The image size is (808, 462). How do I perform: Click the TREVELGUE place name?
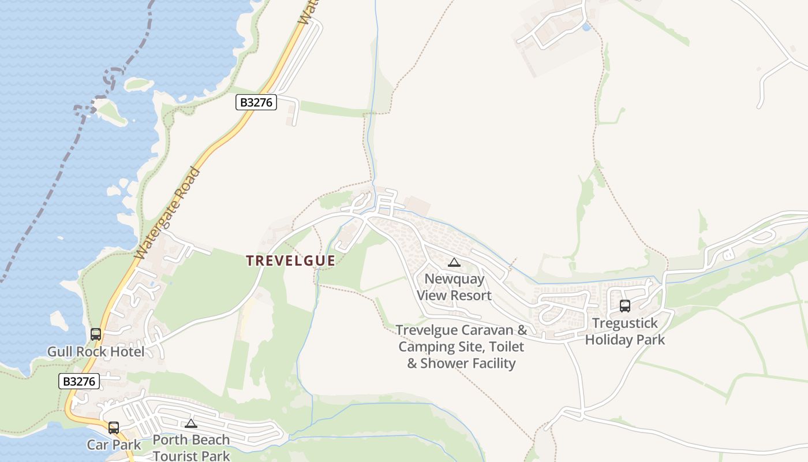click(x=290, y=261)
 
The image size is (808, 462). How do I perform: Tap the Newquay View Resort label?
click(x=454, y=287)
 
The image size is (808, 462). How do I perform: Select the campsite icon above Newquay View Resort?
click(x=454, y=263)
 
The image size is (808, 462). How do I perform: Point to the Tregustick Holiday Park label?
click(x=624, y=331)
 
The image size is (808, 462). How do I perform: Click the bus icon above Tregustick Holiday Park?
click(x=624, y=306)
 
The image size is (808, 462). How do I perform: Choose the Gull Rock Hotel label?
click(x=96, y=352)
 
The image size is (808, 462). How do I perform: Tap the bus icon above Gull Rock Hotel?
click(x=96, y=334)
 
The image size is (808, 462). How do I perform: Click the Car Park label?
click(x=114, y=445)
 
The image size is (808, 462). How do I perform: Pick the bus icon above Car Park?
click(x=114, y=428)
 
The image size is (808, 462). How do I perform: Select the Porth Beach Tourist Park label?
click(x=191, y=448)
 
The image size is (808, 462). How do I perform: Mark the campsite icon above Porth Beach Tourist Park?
click(x=191, y=424)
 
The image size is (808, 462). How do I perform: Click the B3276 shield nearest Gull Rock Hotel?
click(x=79, y=381)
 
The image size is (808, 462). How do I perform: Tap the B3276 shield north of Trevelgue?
click(x=256, y=103)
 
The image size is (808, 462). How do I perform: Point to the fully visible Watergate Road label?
click(x=167, y=213)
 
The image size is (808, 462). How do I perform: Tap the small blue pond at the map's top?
click(x=586, y=27)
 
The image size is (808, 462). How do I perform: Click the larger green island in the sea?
click(x=111, y=112)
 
